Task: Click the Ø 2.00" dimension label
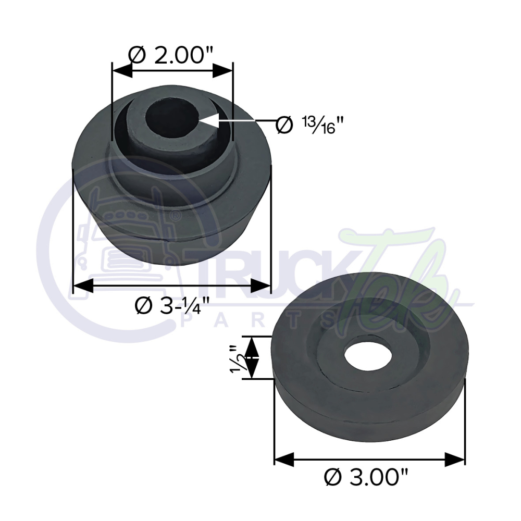(171, 54)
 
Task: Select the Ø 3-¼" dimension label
(171, 305)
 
